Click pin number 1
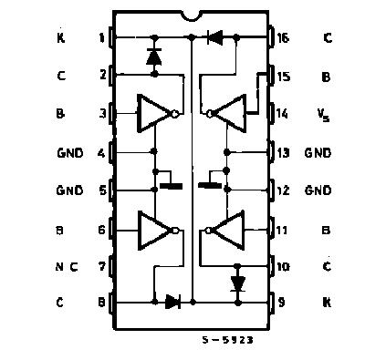pyautogui.click(x=101, y=38)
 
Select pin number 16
pyautogui.click(x=284, y=38)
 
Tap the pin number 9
pyautogui.click(x=284, y=302)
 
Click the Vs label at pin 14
pyautogui.click(x=325, y=115)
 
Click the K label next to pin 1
pyautogui.click(x=60, y=38)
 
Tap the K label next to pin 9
pyautogui.click(x=326, y=302)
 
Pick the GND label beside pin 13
pyautogui.click(x=318, y=152)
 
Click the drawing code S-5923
pyautogui.click(x=226, y=339)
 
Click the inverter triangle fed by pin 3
pyautogui.click(x=153, y=114)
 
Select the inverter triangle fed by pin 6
pyautogui.click(x=153, y=230)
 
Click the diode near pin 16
pyautogui.click(x=216, y=38)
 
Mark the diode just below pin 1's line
pyautogui.click(x=153, y=57)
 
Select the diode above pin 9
pyautogui.click(x=238, y=283)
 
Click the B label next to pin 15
pyautogui.click(x=326, y=77)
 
